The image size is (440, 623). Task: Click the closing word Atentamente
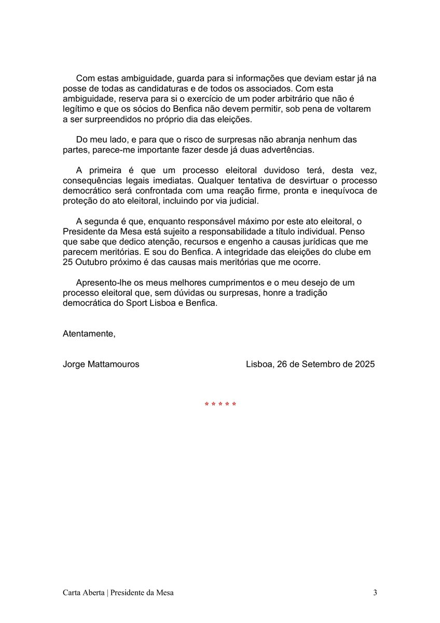(x=89, y=333)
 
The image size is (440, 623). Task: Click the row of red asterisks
(x=220, y=404)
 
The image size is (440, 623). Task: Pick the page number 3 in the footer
(x=375, y=593)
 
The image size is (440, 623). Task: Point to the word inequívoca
(x=340, y=191)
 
